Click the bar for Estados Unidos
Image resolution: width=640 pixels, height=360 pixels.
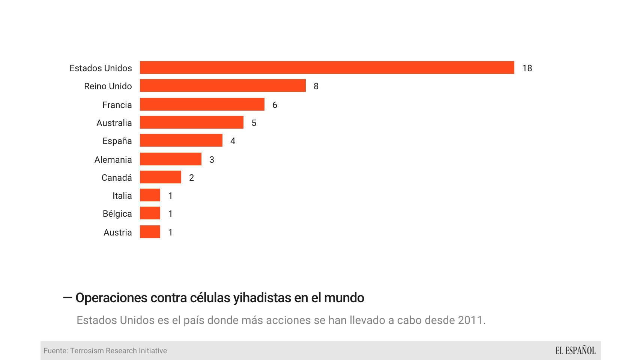327,67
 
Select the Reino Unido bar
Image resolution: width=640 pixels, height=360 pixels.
222,85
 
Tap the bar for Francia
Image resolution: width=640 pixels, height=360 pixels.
202,104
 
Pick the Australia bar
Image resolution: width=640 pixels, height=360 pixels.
191,122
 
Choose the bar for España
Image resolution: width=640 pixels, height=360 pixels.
181,140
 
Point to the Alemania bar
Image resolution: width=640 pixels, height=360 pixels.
170,159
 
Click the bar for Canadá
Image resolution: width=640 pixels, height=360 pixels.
160,177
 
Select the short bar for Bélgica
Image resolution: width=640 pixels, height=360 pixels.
150,213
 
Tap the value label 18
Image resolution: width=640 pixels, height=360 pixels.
527,68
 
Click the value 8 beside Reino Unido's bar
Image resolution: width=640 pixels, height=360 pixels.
316,86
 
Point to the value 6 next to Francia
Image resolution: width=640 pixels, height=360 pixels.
275,105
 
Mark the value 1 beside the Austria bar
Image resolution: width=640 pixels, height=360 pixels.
170,232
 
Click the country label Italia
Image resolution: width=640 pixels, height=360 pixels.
122,196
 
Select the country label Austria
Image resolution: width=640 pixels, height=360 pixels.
117,232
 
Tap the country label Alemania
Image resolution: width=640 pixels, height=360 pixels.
113,160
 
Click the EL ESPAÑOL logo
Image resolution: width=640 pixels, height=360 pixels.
575,351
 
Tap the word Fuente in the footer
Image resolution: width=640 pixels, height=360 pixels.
55,351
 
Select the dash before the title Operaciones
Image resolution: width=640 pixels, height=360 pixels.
67,298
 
